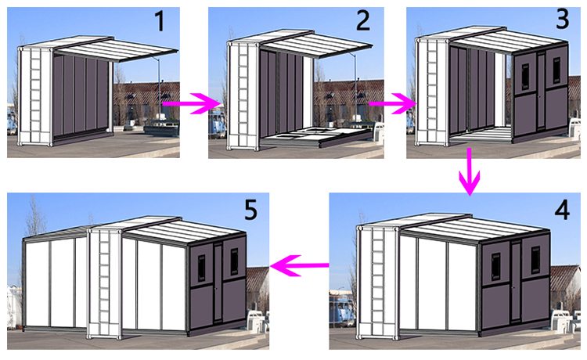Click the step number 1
(160, 21)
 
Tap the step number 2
(362, 20)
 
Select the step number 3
(562, 18)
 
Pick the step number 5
(250, 210)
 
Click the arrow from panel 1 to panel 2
(191, 103)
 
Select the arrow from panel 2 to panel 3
(392, 103)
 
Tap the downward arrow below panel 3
(470, 171)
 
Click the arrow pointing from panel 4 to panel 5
(300, 265)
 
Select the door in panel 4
(516, 282)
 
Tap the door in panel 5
(218, 283)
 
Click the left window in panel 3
(525, 77)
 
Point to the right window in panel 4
(535, 260)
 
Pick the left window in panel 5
(201, 268)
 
